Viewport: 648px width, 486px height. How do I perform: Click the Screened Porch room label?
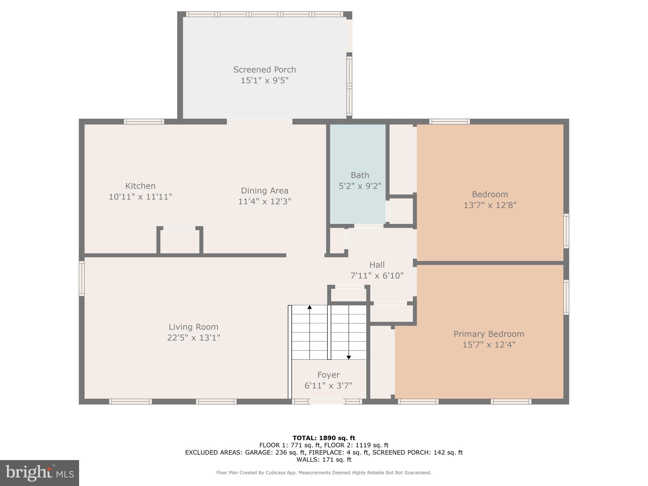pyautogui.click(x=265, y=70)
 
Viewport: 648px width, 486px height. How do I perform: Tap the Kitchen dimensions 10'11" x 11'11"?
pyautogui.click(x=140, y=197)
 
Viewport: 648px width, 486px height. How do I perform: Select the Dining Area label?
pyautogui.click(x=265, y=190)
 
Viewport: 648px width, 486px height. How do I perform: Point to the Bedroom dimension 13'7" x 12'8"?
pyautogui.click(x=490, y=205)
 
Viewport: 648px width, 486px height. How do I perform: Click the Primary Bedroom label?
pyautogui.click(x=489, y=334)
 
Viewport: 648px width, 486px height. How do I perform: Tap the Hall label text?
pyautogui.click(x=377, y=265)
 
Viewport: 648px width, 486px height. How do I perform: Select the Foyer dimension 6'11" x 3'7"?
pyautogui.click(x=328, y=386)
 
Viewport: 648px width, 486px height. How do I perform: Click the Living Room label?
pyautogui.click(x=193, y=327)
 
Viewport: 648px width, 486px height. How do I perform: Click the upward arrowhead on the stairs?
pyautogui.click(x=309, y=307)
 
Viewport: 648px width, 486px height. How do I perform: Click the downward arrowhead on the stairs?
pyautogui.click(x=349, y=358)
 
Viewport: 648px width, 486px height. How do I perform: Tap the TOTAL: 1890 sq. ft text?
pyautogui.click(x=324, y=438)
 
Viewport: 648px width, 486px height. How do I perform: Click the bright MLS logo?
pyautogui.click(x=40, y=473)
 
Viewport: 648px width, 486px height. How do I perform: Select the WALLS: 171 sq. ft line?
pyautogui.click(x=324, y=459)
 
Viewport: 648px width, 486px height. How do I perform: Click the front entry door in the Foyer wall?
pyautogui.click(x=327, y=402)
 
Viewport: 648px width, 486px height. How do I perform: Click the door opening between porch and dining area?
pyautogui.click(x=259, y=121)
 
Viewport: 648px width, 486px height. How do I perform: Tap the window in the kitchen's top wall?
pyautogui.click(x=144, y=121)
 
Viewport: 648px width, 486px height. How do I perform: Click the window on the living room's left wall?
pyautogui.click(x=82, y=278)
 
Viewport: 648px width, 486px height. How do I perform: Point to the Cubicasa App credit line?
pyautogui.click(x=324, y=473)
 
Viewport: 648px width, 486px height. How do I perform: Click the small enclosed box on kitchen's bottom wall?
pyautogui.click(x=180, y=241)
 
